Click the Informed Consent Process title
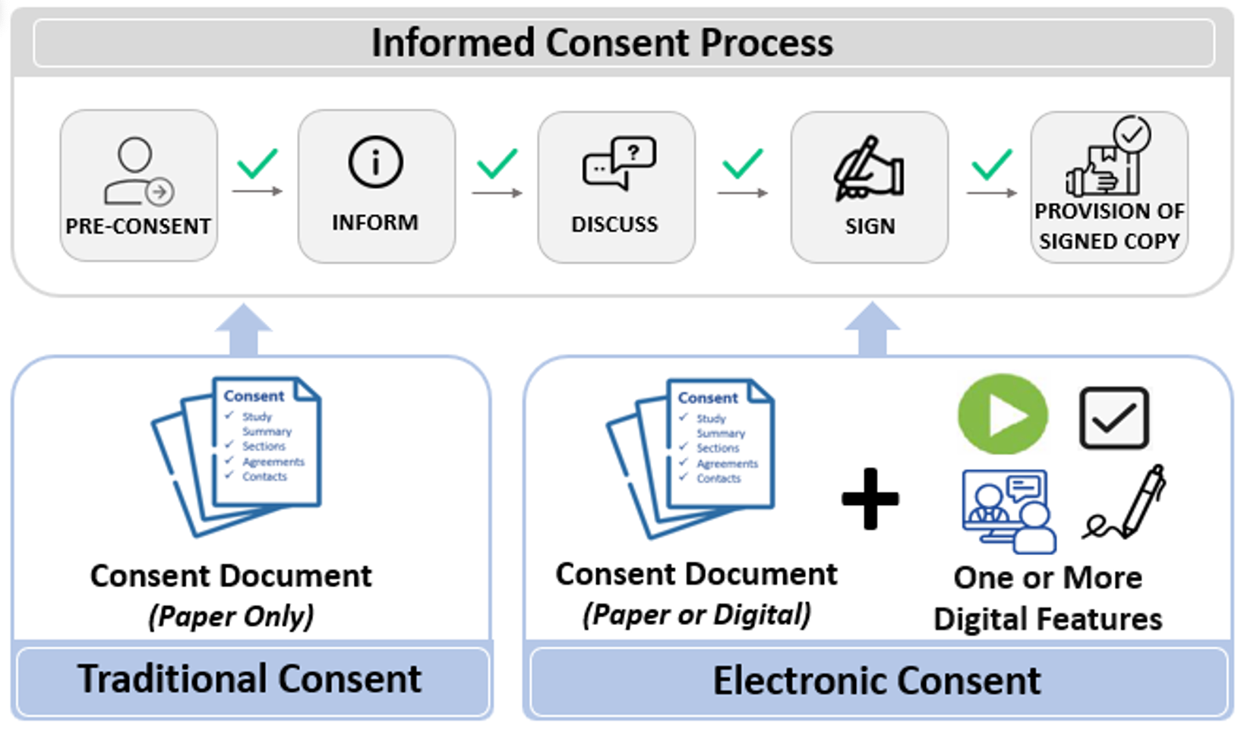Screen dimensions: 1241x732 [x=602, y=43]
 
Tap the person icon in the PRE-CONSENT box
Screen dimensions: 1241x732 [x=138, y=171]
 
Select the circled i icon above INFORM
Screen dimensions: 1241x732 [x=376, y=162]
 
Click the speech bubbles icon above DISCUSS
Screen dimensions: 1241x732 [x=619, y=162]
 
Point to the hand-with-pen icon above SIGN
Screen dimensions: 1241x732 [x=870, y=169]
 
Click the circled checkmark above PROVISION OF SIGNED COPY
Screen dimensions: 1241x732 [x=1132, y=134]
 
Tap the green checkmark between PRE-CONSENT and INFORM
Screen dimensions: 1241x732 [x=257, y=162]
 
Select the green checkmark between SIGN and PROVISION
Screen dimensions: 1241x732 [x=992, y=164]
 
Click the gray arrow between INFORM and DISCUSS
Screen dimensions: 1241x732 [x=497, y=193]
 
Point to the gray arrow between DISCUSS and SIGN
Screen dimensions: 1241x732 [x=742, y=193]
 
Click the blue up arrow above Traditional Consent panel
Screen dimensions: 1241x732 [x=244, y=329]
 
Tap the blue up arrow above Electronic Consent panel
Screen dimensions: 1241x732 [x=872, y=328]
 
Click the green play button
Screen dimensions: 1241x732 [x=1003, y=414]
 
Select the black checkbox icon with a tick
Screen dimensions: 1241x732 [x=1114, y=418]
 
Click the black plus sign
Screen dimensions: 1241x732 [x=870, y=498]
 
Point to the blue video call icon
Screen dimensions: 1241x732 [x=1009, y=511]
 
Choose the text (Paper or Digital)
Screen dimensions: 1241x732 [x=697, y=614]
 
